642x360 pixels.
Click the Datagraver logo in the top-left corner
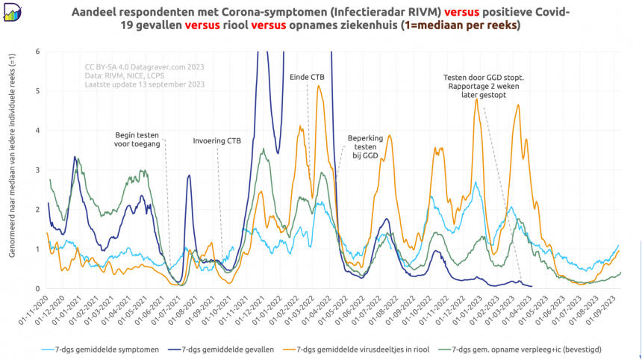pyautogui.click(x=13, y=13)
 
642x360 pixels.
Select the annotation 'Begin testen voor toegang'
pyautogui.click(x=137, y=140)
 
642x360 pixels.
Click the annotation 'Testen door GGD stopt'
pyautogui.click(x=484, y=77)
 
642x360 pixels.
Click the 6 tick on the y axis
pyautogui.click(x=37, y=52)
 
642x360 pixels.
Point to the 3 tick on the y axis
pyautogui.click(x=37, y=170)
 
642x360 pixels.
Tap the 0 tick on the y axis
pyautogui.click(x=37, y=289)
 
